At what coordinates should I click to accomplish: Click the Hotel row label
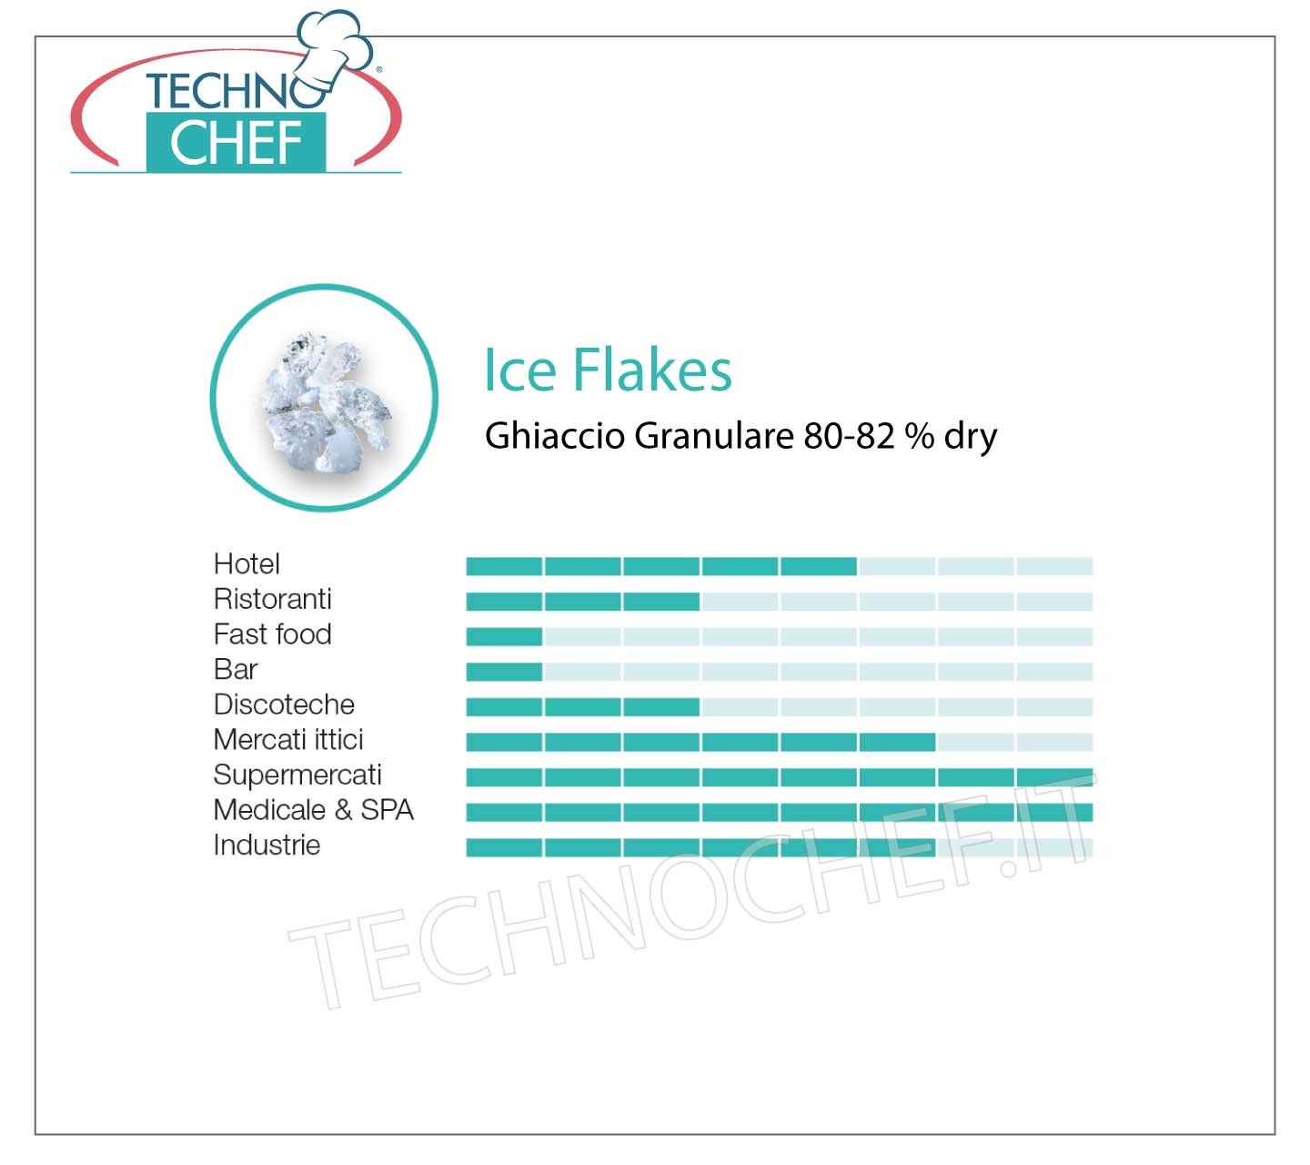click(247, 564)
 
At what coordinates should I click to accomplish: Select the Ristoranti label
click(272, 599)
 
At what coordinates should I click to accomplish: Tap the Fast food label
click(272, 634)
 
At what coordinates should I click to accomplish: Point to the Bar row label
click(236, 670)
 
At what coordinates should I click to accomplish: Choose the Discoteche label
click(284, 704)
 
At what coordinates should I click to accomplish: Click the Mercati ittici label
click(288, 739)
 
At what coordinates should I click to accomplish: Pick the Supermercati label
click(297, 775)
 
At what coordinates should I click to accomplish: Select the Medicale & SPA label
click(314, 810)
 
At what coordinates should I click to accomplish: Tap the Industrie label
click(267, 845)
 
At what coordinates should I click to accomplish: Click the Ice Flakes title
click(608, 370)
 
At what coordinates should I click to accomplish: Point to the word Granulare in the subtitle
click(714, 436)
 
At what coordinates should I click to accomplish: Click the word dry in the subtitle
click(971, 436)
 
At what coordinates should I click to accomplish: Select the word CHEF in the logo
click(236, 143)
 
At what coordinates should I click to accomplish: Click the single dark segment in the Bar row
click(504, 672)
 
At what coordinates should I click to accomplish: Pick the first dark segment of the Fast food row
click(504, 637)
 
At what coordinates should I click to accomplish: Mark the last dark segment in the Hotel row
click(819, 567)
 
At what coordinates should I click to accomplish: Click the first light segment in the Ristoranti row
click(740, 602)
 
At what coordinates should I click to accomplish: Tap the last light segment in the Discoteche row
click(1054, 707)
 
